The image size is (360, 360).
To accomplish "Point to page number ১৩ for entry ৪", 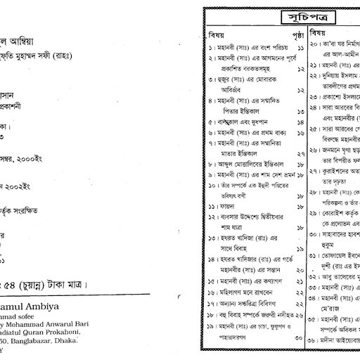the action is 300,111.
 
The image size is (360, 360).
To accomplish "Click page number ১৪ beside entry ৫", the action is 300,122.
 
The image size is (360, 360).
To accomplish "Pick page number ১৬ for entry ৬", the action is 300,133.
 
